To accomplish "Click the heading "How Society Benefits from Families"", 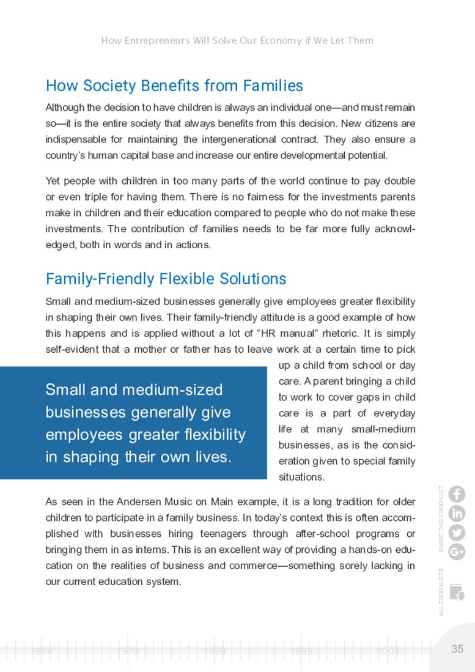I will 174,85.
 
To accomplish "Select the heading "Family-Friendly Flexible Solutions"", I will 166,279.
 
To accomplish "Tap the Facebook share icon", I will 457,494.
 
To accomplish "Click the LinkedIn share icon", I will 457,514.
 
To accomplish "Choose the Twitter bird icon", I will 457,533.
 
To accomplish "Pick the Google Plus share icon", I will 457,552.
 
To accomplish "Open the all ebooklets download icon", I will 456,592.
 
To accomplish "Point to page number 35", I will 457,649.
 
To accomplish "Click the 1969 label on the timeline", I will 42,652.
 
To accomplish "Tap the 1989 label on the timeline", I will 215,652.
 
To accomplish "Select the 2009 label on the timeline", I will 388,652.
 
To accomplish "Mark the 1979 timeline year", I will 128,652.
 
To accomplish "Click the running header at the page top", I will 237,41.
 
